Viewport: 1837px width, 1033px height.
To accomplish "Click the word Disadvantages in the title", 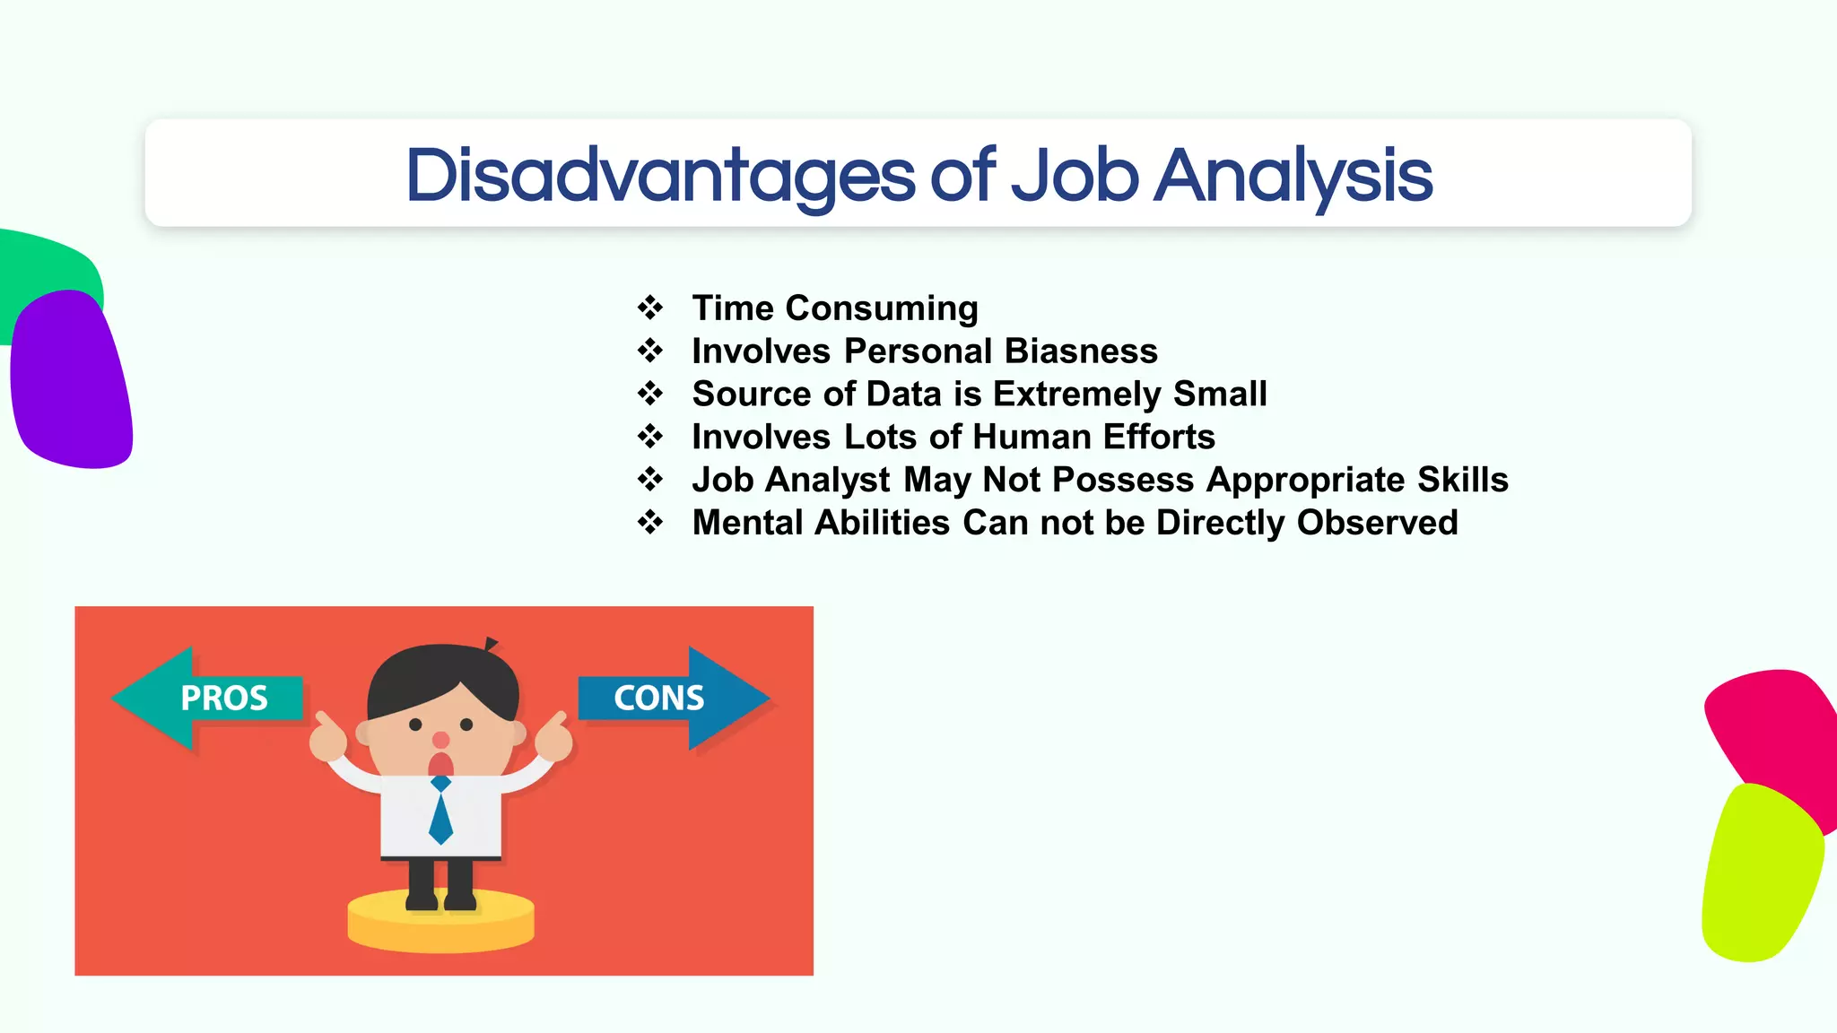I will click(x=660, y=176).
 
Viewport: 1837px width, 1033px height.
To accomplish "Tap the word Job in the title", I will click(x=1075, y=176).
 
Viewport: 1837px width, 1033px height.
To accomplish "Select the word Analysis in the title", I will click(x=1293, y=176).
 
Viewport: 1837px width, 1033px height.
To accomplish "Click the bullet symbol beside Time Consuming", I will click(x=650, y=308).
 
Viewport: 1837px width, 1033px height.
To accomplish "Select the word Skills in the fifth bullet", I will click(x=1462, y=481).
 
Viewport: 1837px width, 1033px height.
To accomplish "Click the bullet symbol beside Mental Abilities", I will click(x=650, y=523).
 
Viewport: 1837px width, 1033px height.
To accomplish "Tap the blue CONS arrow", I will click(x=673, y=698).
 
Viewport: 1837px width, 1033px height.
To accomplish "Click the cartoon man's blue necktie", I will click(x=440, y=812).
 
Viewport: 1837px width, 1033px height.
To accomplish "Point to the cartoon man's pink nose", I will click(x=440, y=740).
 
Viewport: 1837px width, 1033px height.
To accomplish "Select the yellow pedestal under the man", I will click(x=440, y=924).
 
